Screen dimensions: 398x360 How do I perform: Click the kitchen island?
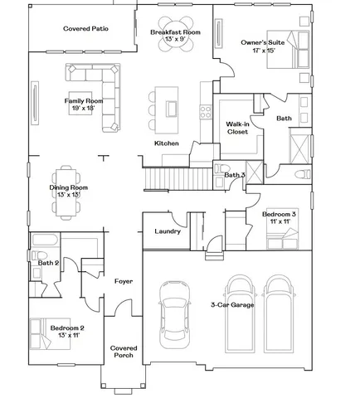173,108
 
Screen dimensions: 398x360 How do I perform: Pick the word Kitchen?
167,143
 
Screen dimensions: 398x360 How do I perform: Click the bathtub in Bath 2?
44,241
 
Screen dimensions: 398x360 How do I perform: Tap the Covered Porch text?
124,352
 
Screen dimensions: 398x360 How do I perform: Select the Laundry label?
168,231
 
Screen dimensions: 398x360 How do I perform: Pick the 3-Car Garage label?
232,305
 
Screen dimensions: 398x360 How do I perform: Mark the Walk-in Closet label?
239,128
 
